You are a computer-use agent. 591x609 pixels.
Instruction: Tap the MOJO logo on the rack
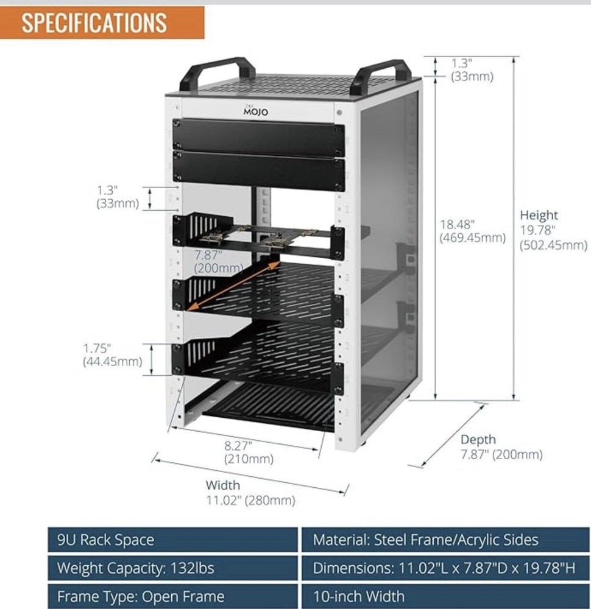click(x=255, y=111)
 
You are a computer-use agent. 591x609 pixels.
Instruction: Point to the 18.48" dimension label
click(x=473, y=231)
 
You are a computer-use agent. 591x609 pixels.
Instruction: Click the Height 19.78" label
click(x=553, y=230)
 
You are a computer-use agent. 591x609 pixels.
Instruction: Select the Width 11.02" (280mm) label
click(x=250, y=493)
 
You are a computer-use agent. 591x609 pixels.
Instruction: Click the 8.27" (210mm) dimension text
click(x=249, y=451)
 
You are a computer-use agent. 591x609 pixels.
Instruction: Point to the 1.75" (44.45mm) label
click(x=113, y=355)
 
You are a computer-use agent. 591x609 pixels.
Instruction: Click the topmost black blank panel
click(x=258, y=136)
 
